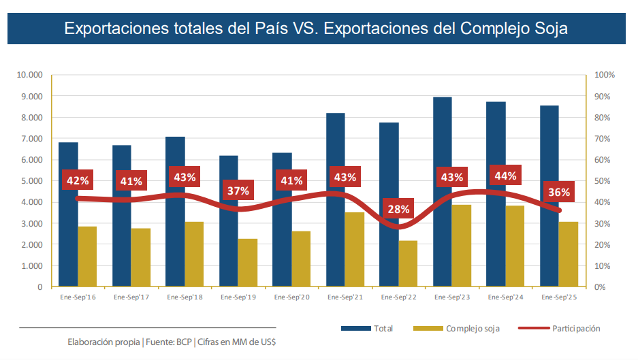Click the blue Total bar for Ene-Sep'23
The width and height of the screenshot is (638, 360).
(x=443, y=191)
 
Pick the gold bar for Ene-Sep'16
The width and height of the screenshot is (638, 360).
(x=87, y=256)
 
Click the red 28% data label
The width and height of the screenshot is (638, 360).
(x=398, y=209)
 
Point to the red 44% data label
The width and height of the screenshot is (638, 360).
(x=505, y=176)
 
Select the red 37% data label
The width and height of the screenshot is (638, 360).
(x=238, y=191)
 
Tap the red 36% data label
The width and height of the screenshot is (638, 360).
(x=559, y=192)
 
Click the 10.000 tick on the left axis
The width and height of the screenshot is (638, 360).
(x=30, y=75)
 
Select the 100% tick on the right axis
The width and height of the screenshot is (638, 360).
(x=605, y=75)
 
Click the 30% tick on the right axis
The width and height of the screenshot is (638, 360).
(x=603, y=223)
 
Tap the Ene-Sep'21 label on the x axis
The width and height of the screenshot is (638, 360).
(x=345, y=297)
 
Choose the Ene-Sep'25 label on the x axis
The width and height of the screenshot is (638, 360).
(x=558, y=297)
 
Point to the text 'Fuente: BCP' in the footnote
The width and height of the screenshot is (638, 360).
(x=169, y=342)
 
